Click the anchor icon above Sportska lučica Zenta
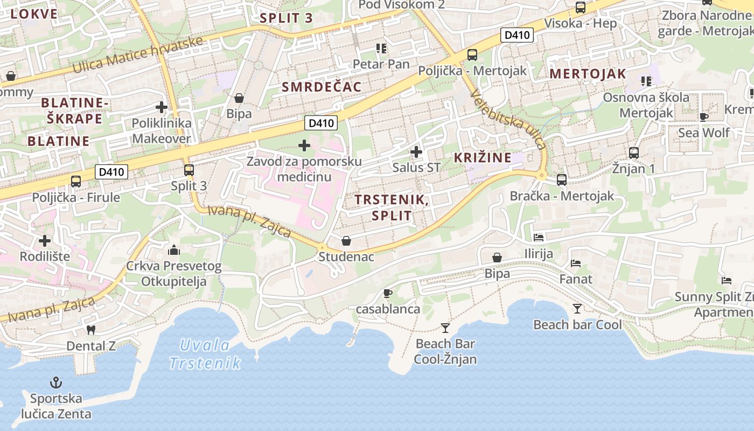point(55,383)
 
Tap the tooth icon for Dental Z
point(90,330)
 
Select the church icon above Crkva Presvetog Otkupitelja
point(173,250)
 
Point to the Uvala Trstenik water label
point(205,354)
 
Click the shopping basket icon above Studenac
point(346,240)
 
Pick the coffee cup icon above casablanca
point(387,293)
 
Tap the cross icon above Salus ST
point(416,151)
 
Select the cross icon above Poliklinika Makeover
point(161,107)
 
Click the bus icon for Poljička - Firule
point(76,181)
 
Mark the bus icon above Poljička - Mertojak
point(472,54)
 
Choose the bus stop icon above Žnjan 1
point(633,152)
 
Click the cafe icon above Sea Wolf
point(703,116)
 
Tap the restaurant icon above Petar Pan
point(381,48)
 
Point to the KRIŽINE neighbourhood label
point(483,158)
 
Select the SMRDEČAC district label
point(322,87)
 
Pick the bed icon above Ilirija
point(538,237)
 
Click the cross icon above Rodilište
point(45,240)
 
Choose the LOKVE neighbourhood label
point(33,14)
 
